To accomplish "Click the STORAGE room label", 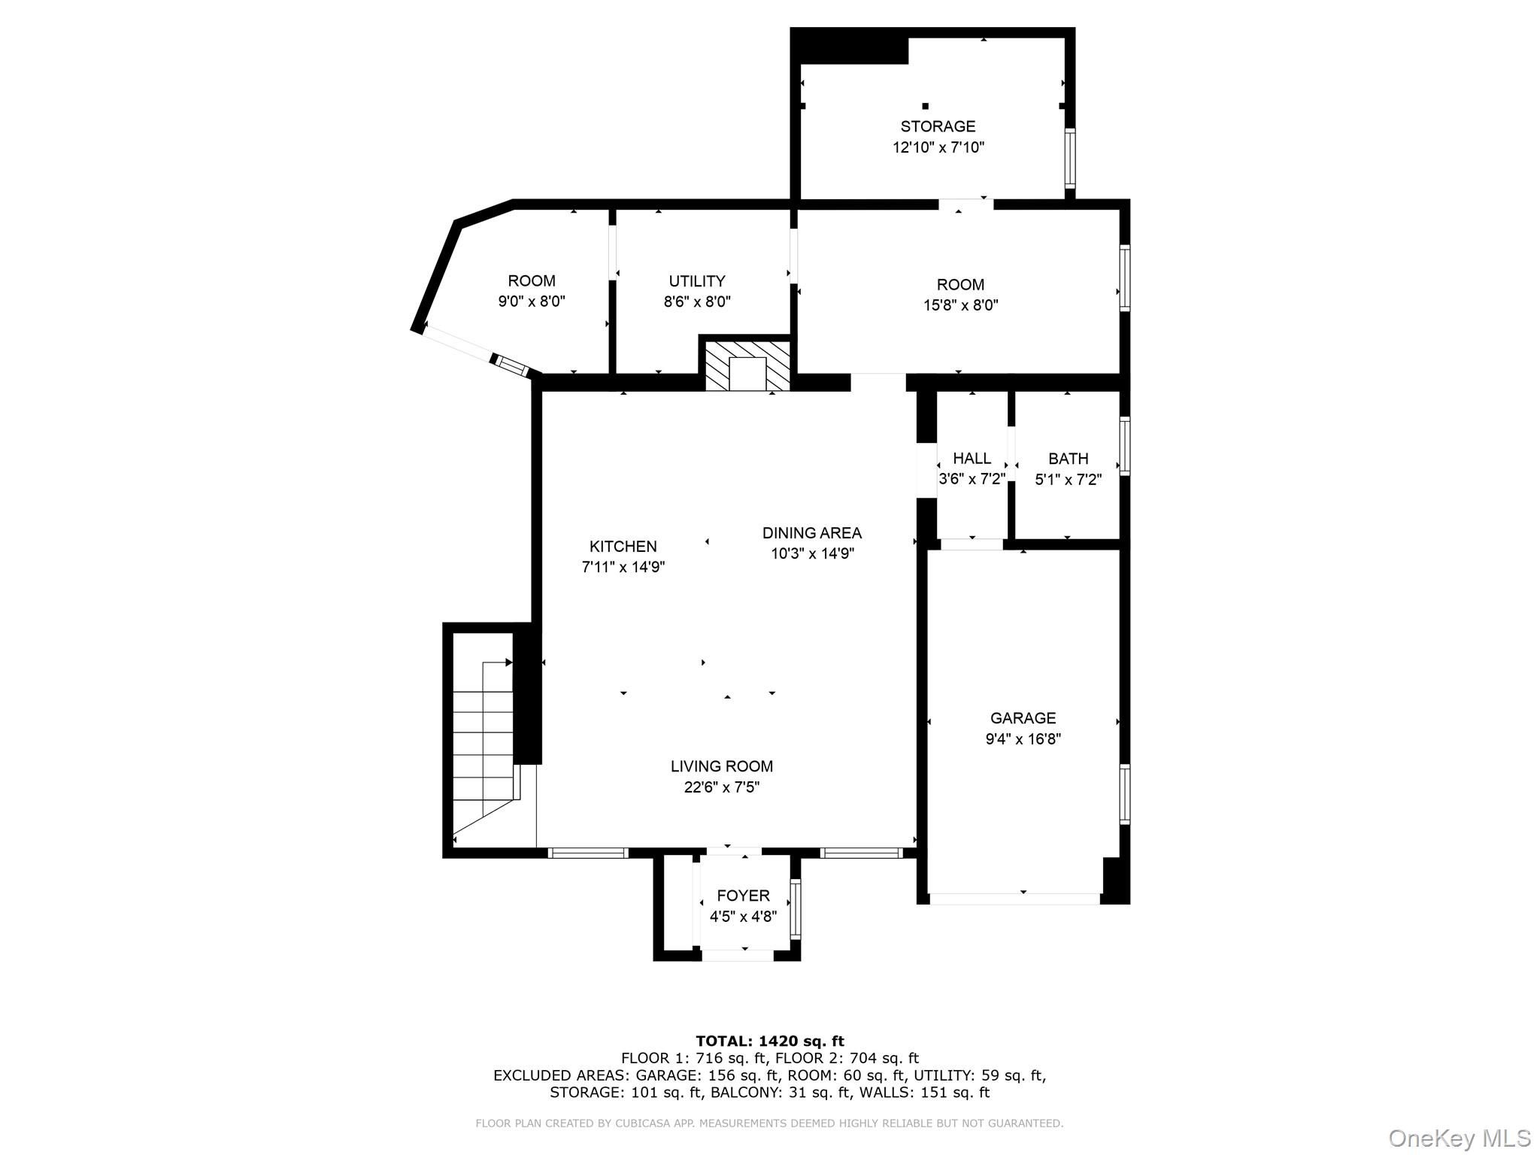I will [x=938, y=126].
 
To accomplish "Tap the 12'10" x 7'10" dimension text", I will [x=938, y=147].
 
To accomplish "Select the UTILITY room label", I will [x=697, y=281].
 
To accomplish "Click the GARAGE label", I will [x=1023, y=718].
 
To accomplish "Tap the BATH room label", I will [x=1068, y=459].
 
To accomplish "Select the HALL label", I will [x=972, y=459].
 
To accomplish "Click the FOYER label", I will [x=743, y=896].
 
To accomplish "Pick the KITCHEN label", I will [x=623, y=547].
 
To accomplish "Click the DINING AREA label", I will [x=811, y=533].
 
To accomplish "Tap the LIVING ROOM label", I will [x=721, y=766].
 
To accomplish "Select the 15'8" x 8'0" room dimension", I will [x=960, y=305].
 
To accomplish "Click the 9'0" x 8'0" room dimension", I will [x=531, y=302].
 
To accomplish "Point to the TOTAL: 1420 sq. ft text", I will [x=769, y=1041].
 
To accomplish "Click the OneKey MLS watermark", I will [x=1459, y=1138].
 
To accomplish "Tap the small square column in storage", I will [x=925, y=106].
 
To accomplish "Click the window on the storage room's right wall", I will [x=1069, y=158].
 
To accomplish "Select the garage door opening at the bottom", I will [x=1015, y=899].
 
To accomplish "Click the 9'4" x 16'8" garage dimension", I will [x=1023, y=739].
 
